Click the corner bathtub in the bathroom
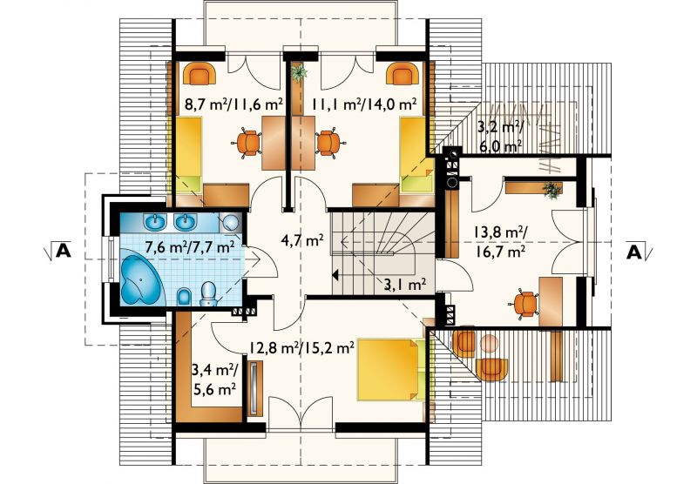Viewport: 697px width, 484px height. tap(141, 279)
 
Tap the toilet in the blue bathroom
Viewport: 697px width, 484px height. tap(208, 294)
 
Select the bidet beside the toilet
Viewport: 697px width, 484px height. tap(184, 297)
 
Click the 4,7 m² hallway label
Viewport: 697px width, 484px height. tap(302, 240)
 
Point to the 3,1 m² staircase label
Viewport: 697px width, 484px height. tap(405, 285)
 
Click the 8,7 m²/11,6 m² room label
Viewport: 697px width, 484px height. tap(233, 104)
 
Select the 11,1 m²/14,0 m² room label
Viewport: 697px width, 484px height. tap(363, 104)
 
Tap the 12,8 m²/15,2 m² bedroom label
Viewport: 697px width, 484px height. tap(301, 346)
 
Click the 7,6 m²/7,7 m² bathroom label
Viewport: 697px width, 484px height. tap(190, 246)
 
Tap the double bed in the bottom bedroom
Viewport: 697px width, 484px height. tap(390, 369)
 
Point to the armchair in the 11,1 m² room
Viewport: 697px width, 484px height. tap(403, 73)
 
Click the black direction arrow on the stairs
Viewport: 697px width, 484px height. tap(335, 275)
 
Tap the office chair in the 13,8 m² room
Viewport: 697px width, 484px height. tap(524, 304)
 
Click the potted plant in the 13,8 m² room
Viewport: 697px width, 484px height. tap(552, 190)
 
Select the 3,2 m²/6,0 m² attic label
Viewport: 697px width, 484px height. tap(500, 137)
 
